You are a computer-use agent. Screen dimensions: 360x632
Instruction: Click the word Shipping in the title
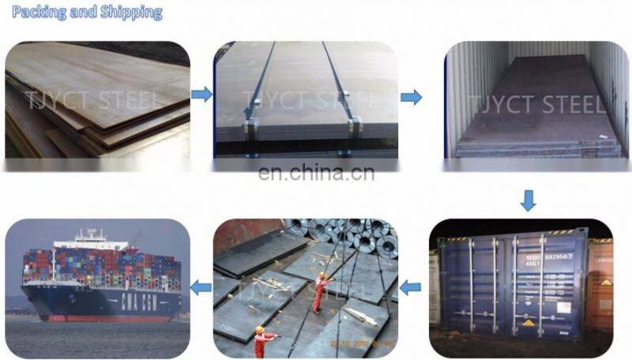[129, 13]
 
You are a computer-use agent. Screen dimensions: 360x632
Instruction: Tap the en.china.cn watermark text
[316, 173]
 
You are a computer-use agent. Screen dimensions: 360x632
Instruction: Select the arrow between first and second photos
[202, 95]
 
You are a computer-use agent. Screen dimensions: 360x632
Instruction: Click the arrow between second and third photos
[411, 97]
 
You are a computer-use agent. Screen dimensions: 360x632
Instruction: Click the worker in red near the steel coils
[321, 291]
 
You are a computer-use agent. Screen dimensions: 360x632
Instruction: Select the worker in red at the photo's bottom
[263, 342]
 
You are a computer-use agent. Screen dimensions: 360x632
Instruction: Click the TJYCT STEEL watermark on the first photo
[95, 99]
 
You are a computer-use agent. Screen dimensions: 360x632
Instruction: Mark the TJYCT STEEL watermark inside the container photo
[537, 104]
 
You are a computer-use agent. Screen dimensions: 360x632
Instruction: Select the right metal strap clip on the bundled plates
[355, 124]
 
